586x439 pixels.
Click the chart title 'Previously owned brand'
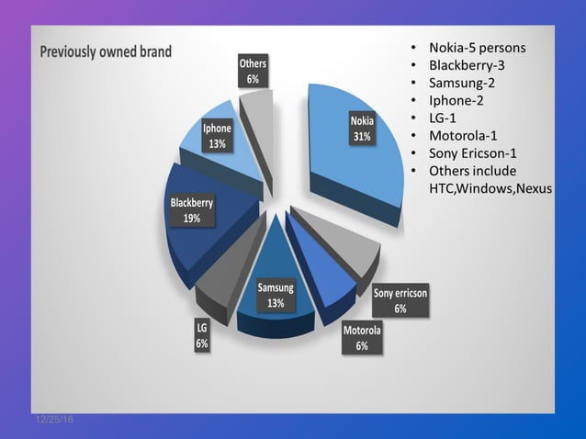[x=106, y=51]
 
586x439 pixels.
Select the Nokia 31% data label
[x=361, y=129]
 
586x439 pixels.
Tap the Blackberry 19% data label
[x=192, y=210]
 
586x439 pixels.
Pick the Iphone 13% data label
[x=217, y=137]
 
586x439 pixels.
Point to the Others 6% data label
[x=253, y=72]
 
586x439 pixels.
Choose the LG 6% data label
[x=201, y=335]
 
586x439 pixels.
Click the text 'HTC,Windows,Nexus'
[x=490, y=188]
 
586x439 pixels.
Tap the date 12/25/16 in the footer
[x=54, y=420]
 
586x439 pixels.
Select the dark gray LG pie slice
[x=220, y=286]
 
